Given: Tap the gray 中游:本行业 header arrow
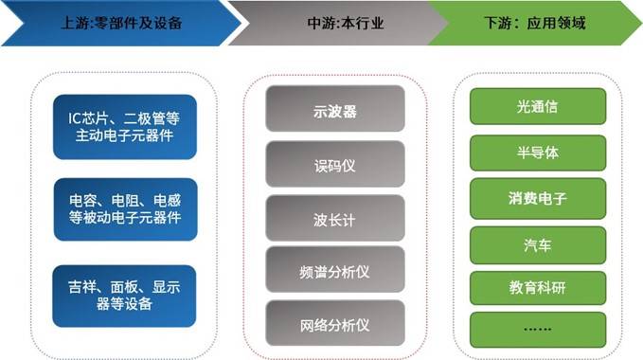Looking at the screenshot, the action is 340,23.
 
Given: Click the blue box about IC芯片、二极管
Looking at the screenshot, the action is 125,127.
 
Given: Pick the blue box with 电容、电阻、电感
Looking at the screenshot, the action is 125,209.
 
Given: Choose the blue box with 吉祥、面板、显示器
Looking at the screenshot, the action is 124,296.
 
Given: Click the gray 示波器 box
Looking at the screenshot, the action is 335,109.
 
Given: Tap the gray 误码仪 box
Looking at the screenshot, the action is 335,164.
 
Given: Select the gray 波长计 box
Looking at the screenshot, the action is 335,218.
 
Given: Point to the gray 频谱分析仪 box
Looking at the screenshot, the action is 335,269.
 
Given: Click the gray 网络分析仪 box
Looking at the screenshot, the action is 335,323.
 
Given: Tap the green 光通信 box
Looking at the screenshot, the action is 538,107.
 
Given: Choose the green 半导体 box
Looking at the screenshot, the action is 538,153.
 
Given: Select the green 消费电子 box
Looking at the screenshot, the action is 538,198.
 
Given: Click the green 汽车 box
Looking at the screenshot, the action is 538,245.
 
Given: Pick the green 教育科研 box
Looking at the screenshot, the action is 538,288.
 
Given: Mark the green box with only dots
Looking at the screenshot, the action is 538,330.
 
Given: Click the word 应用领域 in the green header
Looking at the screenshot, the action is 556,23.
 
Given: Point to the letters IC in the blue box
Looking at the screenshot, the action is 75,118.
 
